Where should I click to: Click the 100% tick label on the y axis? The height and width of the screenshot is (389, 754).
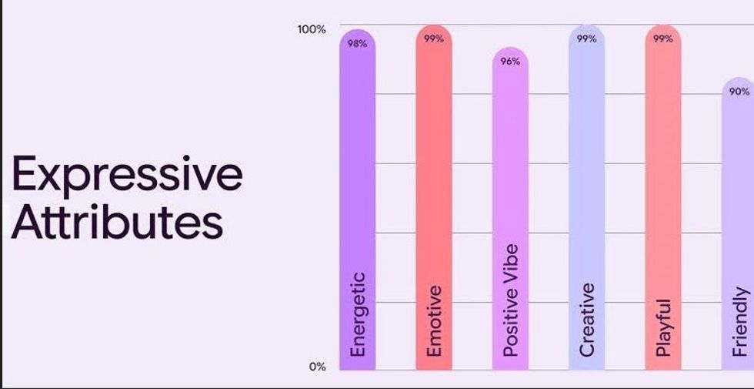tap(312, 29)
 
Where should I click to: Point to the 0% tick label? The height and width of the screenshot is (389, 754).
tap(318, 367)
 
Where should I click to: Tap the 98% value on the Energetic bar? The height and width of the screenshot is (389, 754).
tap(357, 44)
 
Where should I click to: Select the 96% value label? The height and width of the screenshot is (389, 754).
tap(510, 62)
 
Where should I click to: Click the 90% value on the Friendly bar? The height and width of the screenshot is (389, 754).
tap(739, 92)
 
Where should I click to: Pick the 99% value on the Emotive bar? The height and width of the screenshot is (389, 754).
tap(434, 39)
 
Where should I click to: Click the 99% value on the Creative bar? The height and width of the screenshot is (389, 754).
tap(586, 39)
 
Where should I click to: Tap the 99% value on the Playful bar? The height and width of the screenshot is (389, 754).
tap(663, 39)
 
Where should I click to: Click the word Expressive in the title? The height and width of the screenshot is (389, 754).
tap(127, 174)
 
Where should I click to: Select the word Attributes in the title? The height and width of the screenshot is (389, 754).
tap(117, 220)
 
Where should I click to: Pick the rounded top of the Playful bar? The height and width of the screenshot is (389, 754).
tap(663, 29)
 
